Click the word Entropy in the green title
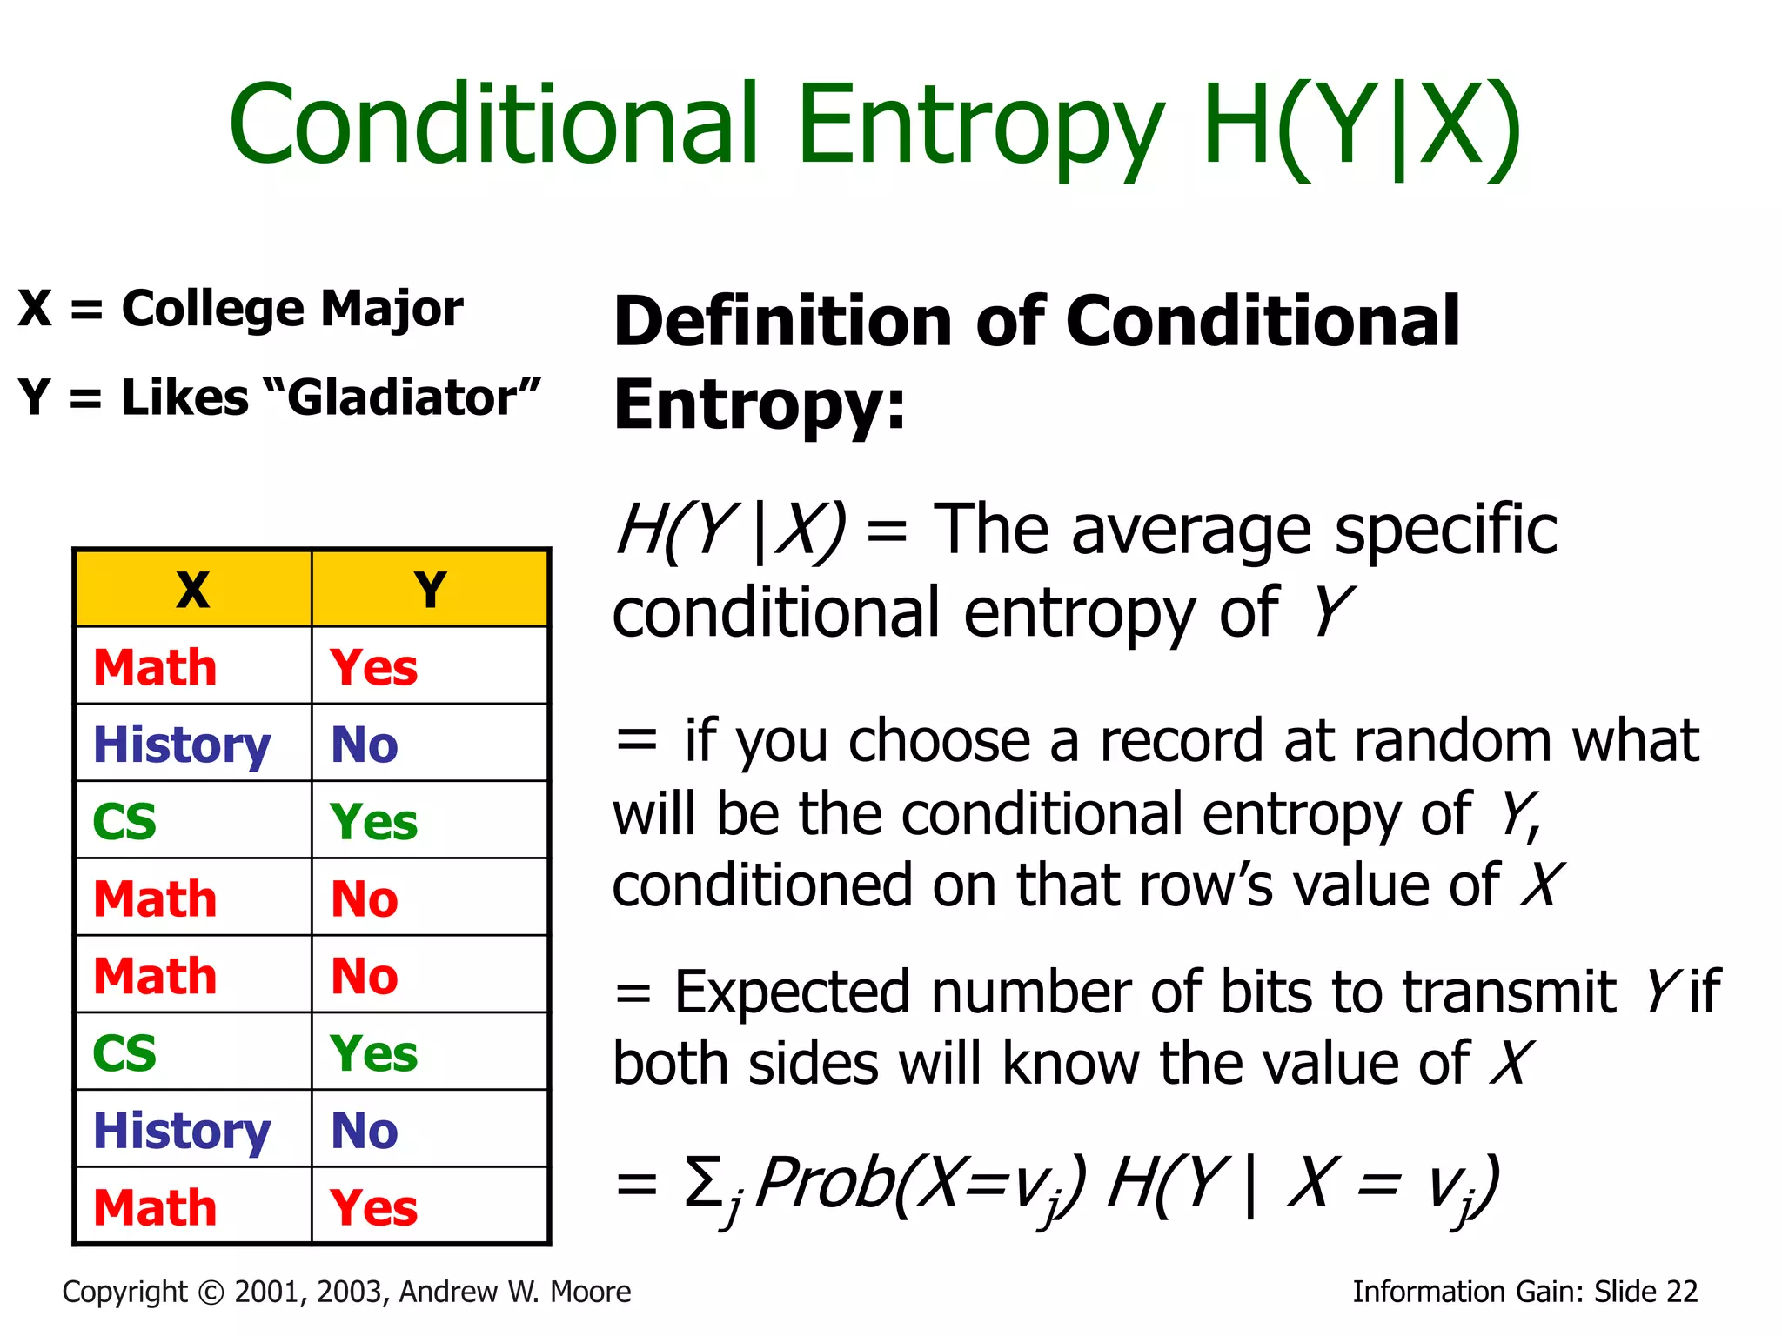[x=980, y=126]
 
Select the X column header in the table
[x=193, y=590]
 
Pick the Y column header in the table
[x=430, y=590]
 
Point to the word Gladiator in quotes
[x=402, y=398]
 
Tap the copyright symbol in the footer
[x=211, y=1293]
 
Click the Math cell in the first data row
[x=155, y=668]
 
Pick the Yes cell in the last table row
[x=374, y=1208]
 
